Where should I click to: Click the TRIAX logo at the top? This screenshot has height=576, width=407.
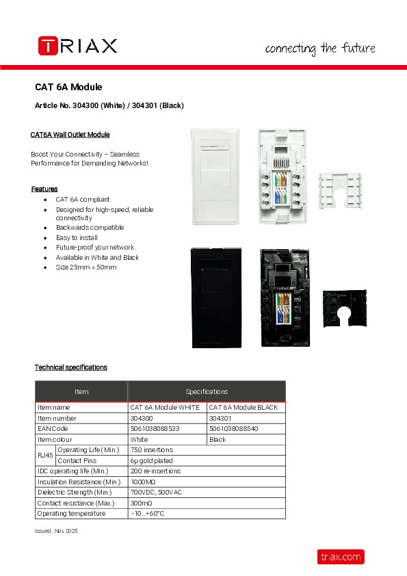click(77, 46)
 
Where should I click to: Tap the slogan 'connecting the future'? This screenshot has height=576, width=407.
click(319, 49)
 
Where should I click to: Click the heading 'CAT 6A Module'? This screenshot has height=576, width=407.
click(68, 88)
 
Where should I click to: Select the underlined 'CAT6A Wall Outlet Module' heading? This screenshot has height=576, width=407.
click(70, 135)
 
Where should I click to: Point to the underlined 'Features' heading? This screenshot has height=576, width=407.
click(44, 189)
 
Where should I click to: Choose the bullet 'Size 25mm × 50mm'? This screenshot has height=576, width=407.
click(86, 267)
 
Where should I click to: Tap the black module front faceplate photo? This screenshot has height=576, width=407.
click(215, 298)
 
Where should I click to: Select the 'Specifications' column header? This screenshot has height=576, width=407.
click(207, 391)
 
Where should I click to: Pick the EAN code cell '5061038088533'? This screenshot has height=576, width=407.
click(155, 428)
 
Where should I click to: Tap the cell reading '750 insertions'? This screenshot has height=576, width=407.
click(151, 449)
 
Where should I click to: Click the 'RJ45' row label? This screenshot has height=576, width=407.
click(44, 455)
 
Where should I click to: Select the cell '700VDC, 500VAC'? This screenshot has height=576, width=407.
click(156, 493)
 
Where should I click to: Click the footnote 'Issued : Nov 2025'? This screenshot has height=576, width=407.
click(56, 531)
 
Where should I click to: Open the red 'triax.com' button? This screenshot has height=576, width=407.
click(340, 557)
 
